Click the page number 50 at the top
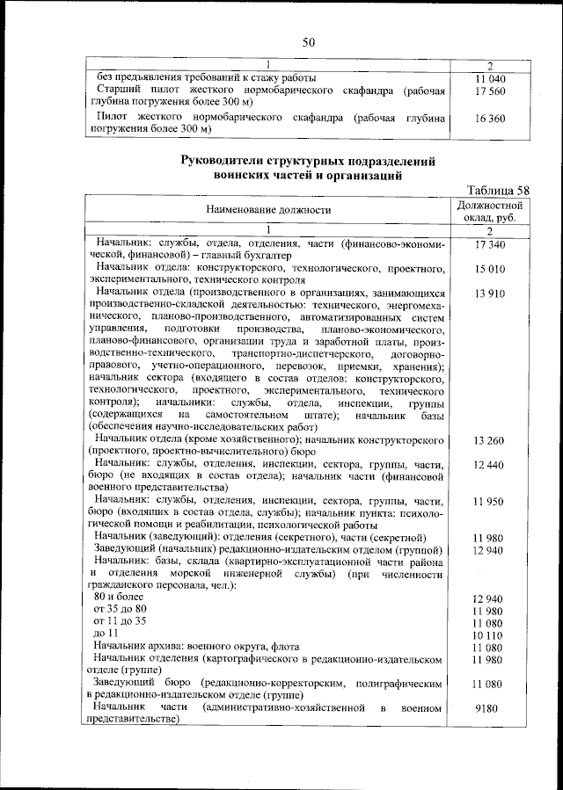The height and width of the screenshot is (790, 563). [x=309, y=41]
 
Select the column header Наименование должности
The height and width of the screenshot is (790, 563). [x=268, y=210]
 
